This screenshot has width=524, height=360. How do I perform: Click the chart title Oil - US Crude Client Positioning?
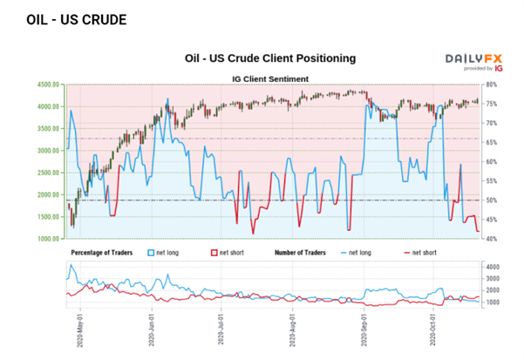tap(270, 58)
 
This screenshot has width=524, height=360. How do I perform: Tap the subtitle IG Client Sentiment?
tap(272, 78)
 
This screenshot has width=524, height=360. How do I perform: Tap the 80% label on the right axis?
tap(492, 85)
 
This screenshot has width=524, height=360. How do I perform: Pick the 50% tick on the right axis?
tap(492, 200)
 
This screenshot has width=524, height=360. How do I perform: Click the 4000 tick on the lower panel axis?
tap(492, 267)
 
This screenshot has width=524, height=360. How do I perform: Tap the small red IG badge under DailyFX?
tap(498, 67)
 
